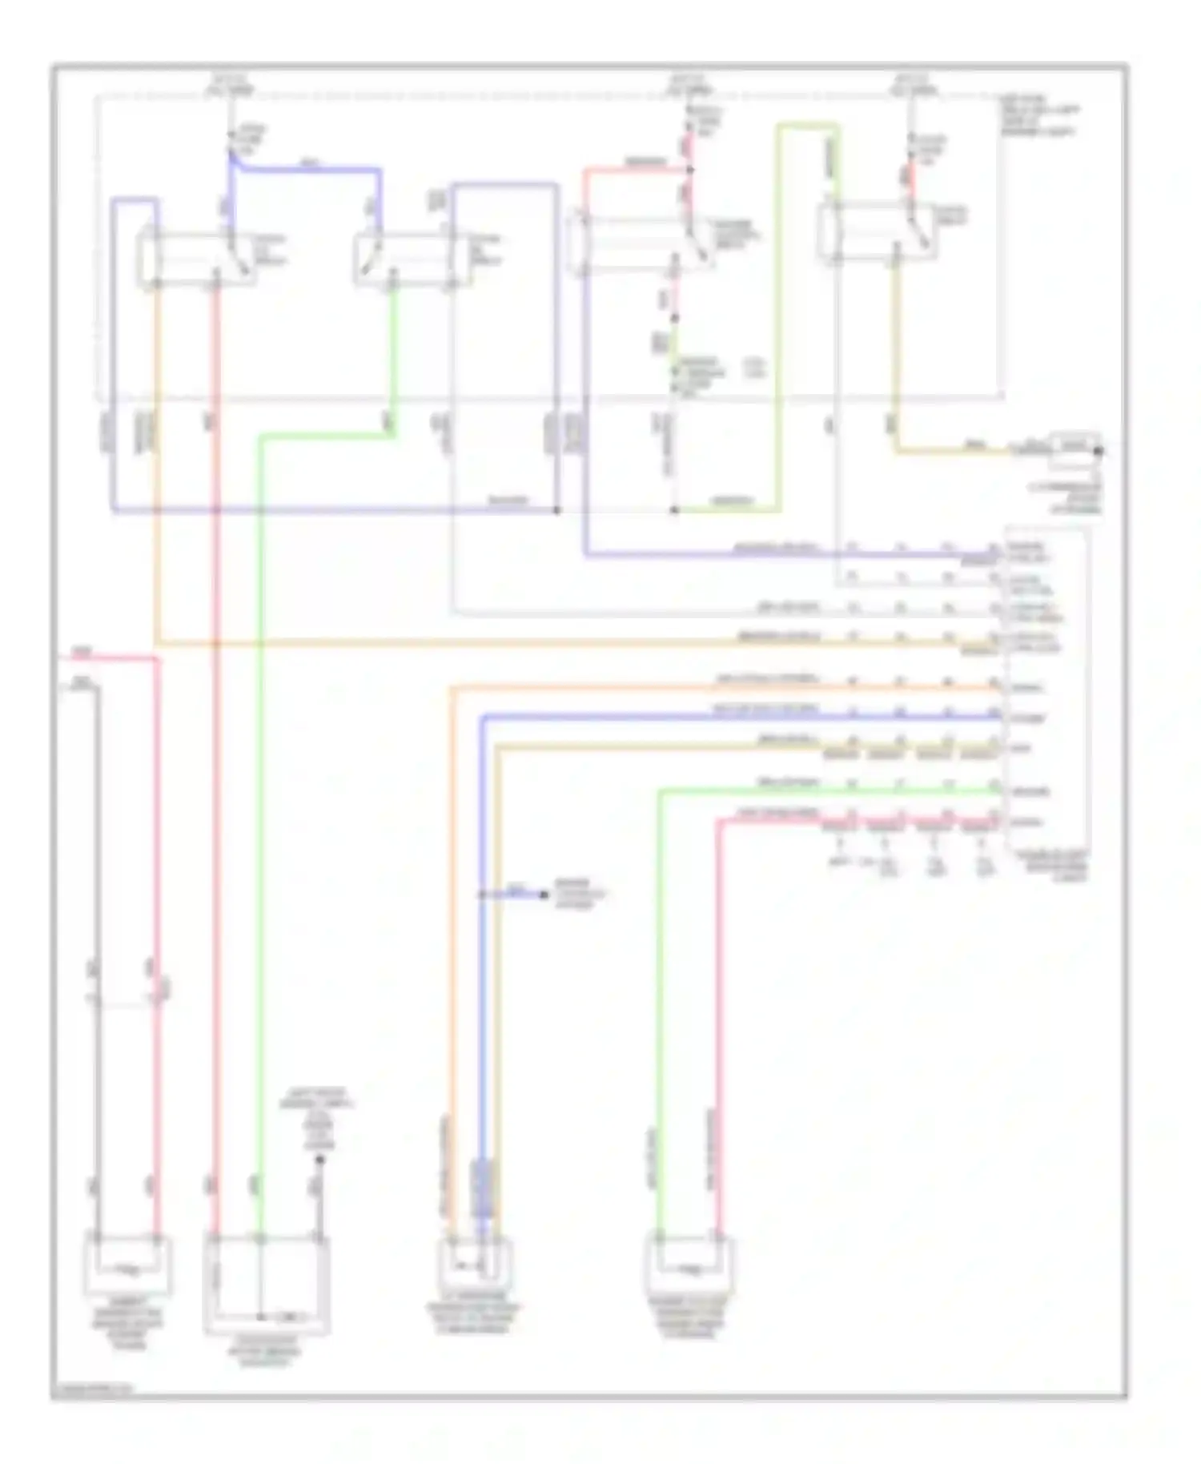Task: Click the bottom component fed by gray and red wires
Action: [128, 1265]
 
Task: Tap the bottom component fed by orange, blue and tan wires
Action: [475, 1265]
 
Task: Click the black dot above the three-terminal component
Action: [319, 1159]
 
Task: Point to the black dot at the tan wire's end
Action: [1099, 451]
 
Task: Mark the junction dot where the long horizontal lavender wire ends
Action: [557, 509]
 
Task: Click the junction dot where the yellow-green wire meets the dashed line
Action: [675, 509]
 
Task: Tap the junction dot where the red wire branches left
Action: [689, 170]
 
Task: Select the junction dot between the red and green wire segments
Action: [675, 319]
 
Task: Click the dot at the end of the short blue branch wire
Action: [544, 894]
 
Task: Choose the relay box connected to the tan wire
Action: [877, 232]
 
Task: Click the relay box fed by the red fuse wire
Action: [641, 242]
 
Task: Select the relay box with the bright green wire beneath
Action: [407, 258]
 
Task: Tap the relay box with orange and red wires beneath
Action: [197, 258]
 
